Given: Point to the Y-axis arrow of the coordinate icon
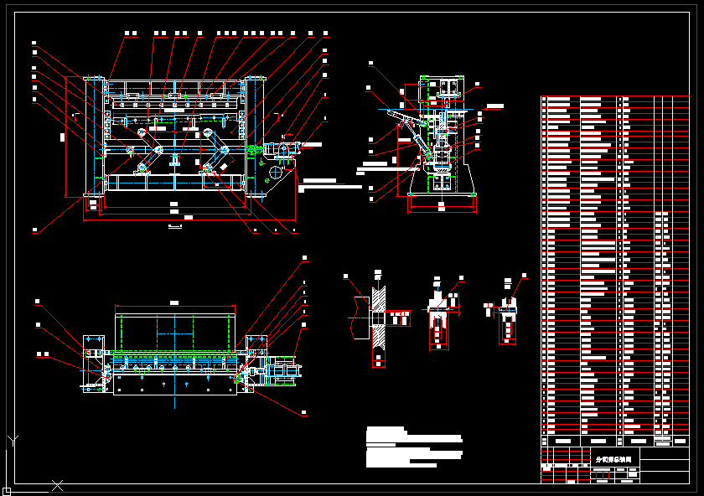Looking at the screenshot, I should (13, 439).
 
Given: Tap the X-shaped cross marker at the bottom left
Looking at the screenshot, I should (57, 485).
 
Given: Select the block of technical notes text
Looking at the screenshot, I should (413, 447).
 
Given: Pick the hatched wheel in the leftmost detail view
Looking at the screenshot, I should (379, 318).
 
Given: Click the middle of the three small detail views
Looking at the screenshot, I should (437, 314).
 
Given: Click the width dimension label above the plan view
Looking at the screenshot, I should (174, 302).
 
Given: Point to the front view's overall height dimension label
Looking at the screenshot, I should (64, 136).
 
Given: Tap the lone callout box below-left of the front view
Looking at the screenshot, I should (34, 230).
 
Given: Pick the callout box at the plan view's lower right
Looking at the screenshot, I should (303, 412).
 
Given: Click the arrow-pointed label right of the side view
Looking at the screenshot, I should (494, 106).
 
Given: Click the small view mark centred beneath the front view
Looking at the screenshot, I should (174, 226).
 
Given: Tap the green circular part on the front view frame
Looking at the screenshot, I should (142, 166).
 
